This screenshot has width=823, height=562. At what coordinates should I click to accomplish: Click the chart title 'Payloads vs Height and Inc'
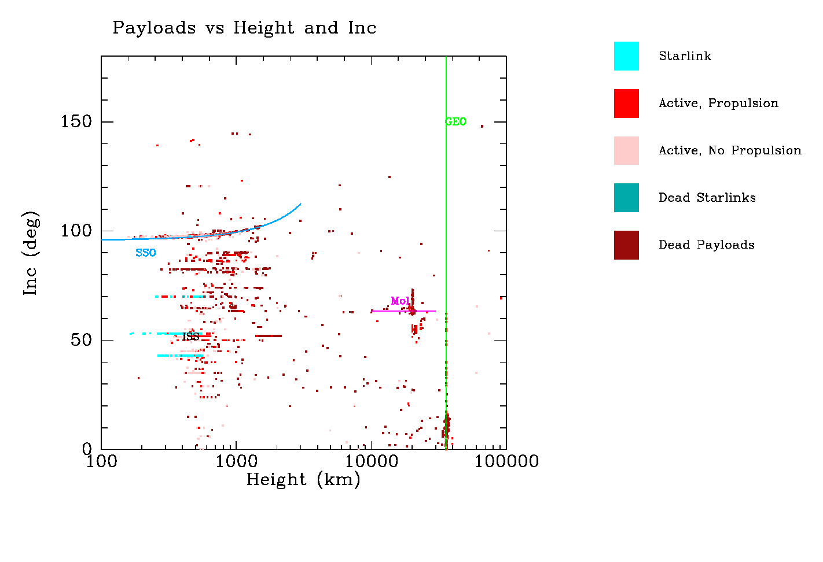point(244,28)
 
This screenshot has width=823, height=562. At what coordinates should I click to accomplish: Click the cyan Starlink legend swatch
point(626,56)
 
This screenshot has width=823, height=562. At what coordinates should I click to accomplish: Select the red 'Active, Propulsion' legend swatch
point(626,103)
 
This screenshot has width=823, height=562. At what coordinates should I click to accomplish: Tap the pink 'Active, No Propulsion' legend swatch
point(626,151)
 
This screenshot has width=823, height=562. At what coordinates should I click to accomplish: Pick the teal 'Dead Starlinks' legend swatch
point(626,198)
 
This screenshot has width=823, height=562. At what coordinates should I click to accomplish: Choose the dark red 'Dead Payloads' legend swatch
point(626,245)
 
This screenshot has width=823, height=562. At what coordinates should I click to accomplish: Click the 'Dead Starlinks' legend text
point(707,198)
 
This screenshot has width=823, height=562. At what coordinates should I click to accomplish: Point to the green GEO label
point(455,121)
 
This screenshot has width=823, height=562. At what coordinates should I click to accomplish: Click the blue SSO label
point(146,253)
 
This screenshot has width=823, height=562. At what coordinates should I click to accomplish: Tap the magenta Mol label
point(400,301)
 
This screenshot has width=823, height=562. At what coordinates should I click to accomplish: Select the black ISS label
point(190,337)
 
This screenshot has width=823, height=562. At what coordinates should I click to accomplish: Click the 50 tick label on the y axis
point(81,340)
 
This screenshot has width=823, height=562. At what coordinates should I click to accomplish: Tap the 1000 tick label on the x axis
point(236,461)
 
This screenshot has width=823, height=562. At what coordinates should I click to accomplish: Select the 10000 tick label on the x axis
point(371,461)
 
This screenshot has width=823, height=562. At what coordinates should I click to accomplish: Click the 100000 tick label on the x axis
point(506,461)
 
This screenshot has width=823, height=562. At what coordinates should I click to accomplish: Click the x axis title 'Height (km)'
point(303,480)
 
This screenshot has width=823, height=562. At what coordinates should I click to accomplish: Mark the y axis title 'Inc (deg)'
point(31,253)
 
